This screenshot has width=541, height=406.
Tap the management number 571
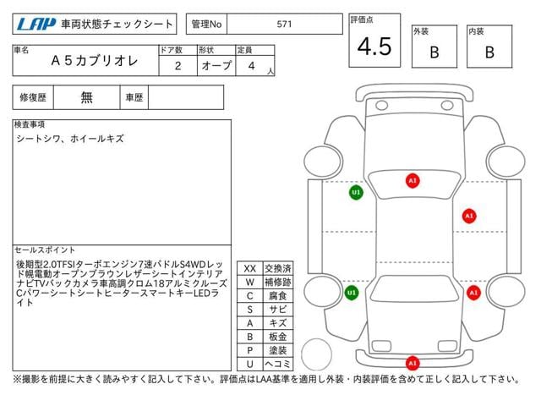284,25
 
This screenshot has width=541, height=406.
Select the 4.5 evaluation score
374,47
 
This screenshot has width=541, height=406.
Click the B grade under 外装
434,52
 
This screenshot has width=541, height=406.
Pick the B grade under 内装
489,52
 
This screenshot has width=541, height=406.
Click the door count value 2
178,65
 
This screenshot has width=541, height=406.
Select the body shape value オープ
215,65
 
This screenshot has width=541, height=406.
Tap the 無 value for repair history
87,97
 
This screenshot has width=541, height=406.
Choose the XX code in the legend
249,268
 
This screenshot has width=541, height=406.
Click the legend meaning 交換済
278,268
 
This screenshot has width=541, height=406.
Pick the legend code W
249,282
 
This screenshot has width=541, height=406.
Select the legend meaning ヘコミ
278,364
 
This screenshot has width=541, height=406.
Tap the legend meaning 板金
278,337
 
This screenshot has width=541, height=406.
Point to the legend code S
249,309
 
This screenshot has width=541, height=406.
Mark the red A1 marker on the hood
413,180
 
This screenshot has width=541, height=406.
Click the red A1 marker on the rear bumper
413,363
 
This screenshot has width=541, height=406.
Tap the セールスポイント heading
45,250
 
